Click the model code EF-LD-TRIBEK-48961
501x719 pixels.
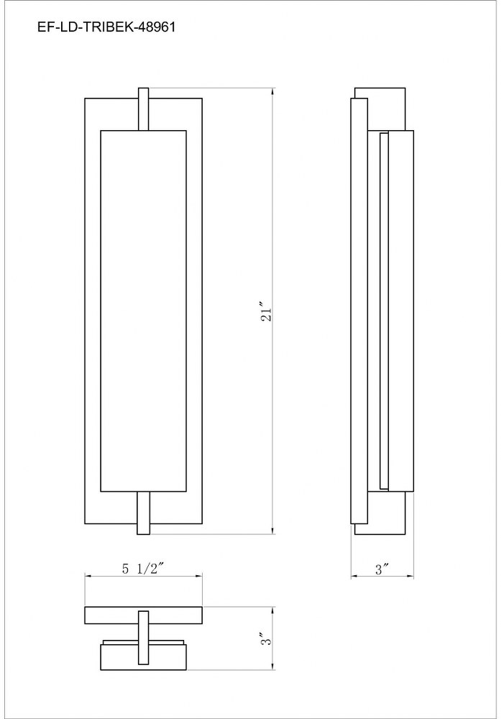click(x=106, y=27)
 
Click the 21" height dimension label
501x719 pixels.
click(x=266, y=311)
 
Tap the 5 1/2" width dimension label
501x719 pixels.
click(x=143, y=569)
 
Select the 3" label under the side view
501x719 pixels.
click(x=382, y=569)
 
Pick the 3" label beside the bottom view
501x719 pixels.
click(x=266, y=638)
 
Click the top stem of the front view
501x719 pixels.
click(x=143, y=109)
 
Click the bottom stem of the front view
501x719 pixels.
click(x=143, y=513)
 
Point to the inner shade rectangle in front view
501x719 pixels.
click(x=143, y=311)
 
